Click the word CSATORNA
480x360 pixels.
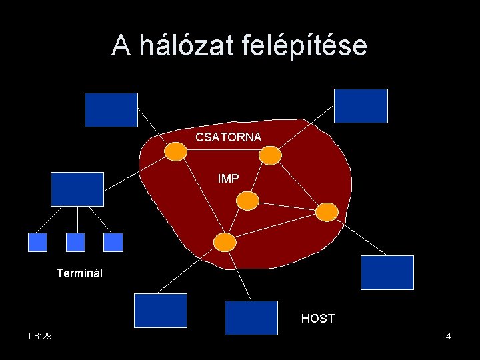(x=229, y=137)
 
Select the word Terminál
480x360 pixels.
(x=79, y=273)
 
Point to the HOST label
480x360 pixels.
(x=317, y=319)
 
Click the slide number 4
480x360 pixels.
(x=449, y=337)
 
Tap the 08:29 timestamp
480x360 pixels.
(x=41, y=337)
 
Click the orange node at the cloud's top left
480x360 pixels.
(x=175, y=152)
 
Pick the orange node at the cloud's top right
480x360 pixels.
(x=270, y=155)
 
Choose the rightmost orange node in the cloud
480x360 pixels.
(x=327, y=212)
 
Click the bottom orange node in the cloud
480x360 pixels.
(x=225, y=241)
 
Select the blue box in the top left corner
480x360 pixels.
(x=111, y=109)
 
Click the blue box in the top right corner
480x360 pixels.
(x=361, y=106)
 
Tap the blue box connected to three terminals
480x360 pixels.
(x=78, y=189)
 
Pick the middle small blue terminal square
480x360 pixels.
(x=77, y=242)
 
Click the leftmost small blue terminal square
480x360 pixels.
(x=38, y=242)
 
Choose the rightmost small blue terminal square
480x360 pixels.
(x=115, y=242)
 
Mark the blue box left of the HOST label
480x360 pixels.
(x=251, y=317)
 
